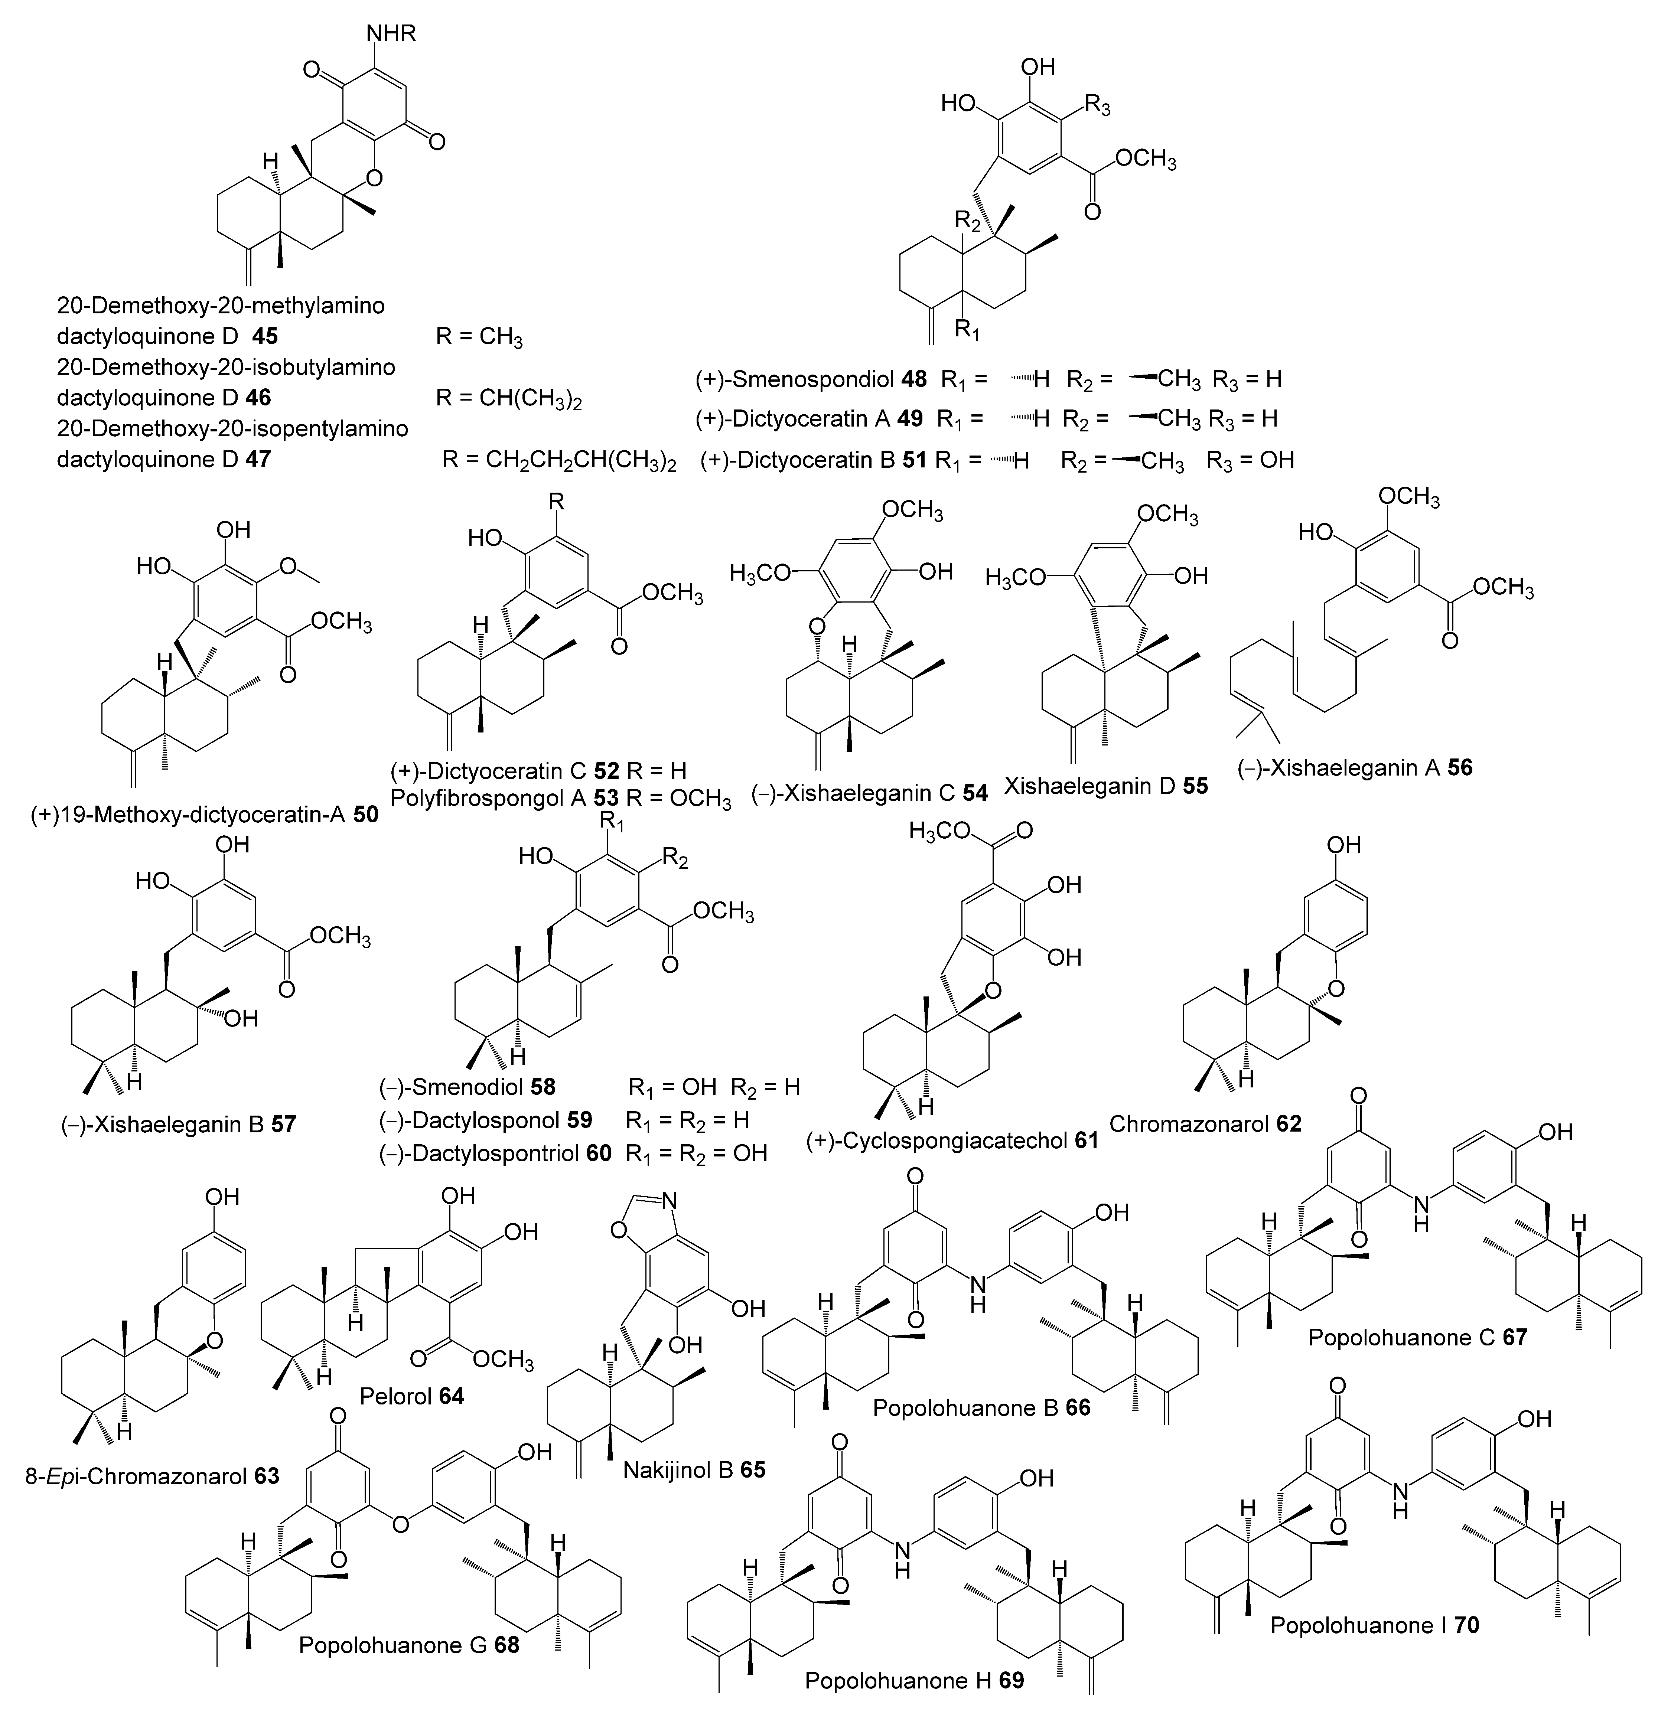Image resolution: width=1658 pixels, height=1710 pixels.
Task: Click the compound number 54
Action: coord(975,793)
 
